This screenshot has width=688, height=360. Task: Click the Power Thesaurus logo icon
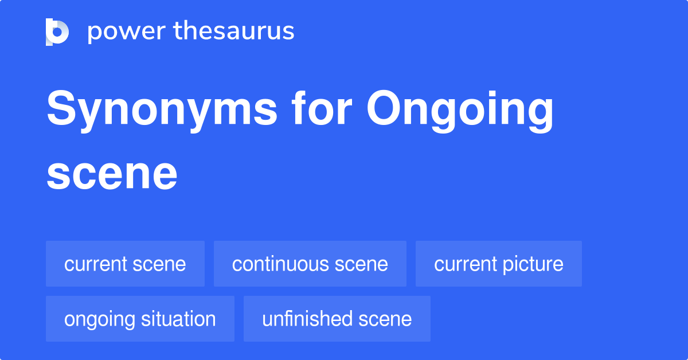click(57, 32)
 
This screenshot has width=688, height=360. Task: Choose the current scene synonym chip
click(125, 264)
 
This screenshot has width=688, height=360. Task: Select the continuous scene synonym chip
click(310, 264)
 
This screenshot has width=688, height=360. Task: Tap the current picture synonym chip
click(498, 264)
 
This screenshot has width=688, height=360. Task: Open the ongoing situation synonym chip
click(140, 319)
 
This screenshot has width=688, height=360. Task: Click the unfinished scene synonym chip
click(337, 319)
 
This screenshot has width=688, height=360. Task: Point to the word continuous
click(280, 264)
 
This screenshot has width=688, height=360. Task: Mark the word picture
click(534, 265)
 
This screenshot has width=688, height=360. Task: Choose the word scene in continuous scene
click(361, 265)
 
